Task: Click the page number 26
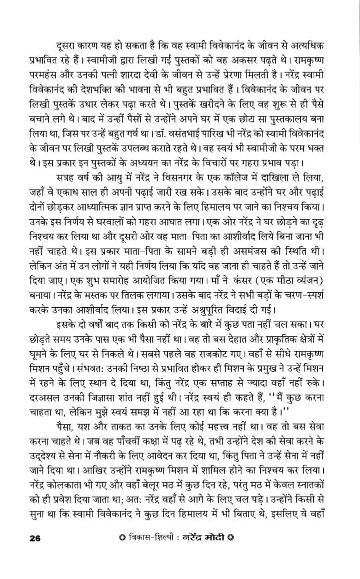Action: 35,551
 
